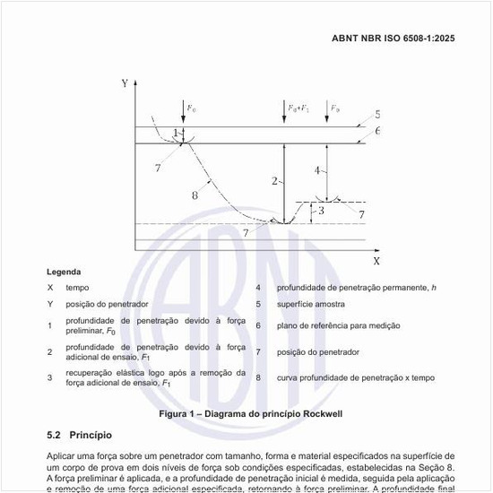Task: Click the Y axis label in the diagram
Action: (124, 83)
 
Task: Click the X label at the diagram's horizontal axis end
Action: (376, 260)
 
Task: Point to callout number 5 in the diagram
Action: (377, 115)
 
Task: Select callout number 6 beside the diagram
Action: (377, 131)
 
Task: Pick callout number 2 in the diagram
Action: (274, 181)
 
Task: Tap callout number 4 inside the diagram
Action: (317, 169)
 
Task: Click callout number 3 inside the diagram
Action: (320, 211)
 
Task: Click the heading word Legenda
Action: (64, 272)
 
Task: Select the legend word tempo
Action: (77, 288)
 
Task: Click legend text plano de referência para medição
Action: (338, 325)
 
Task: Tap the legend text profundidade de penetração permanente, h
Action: (355, 288)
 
